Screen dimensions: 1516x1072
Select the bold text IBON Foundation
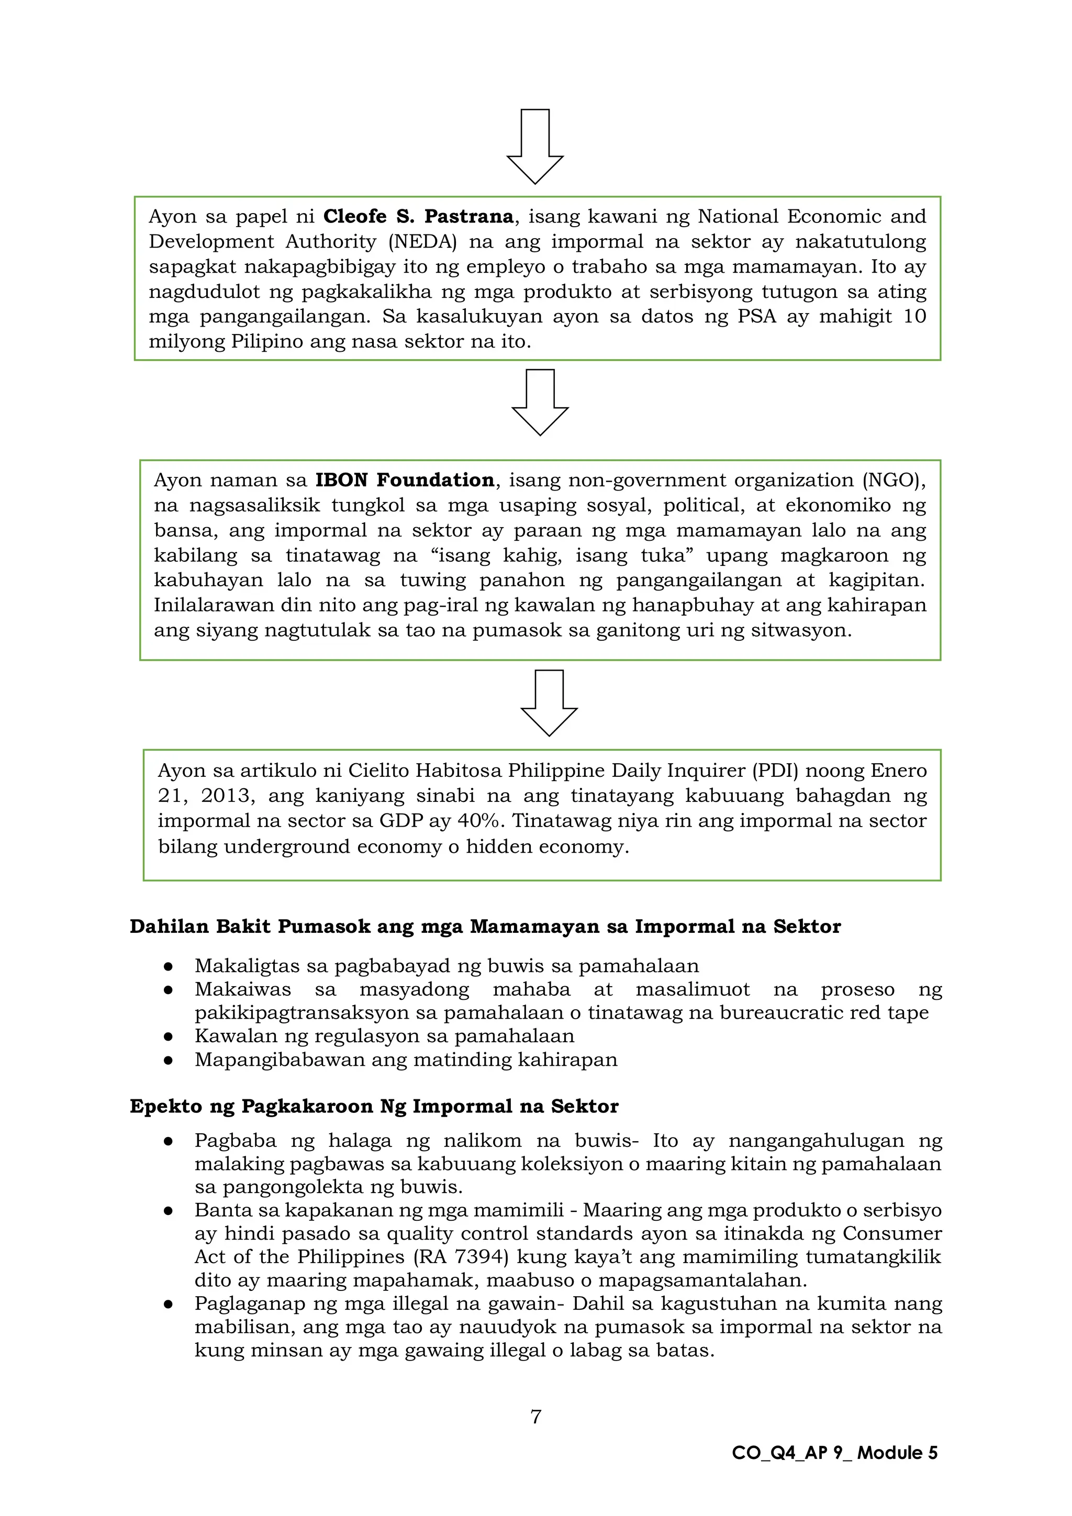(404, 480)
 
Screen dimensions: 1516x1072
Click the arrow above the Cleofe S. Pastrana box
(534, 147)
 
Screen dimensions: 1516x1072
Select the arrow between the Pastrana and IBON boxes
(540, 402)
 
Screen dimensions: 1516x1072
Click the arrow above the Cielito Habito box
(549, 703)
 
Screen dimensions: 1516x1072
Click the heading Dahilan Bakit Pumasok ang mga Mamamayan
(485, 927)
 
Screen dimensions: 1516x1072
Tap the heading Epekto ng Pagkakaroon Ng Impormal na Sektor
(374, 1106)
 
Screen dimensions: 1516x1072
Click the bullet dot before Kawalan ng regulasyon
(169, 1036)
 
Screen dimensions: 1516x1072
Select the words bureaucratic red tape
(824, 1013)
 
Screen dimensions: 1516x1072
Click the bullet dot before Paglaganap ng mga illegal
(169, 1304)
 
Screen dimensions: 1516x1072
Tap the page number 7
(536, 1417)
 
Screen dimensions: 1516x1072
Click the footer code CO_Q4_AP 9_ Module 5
(834, 1453)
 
